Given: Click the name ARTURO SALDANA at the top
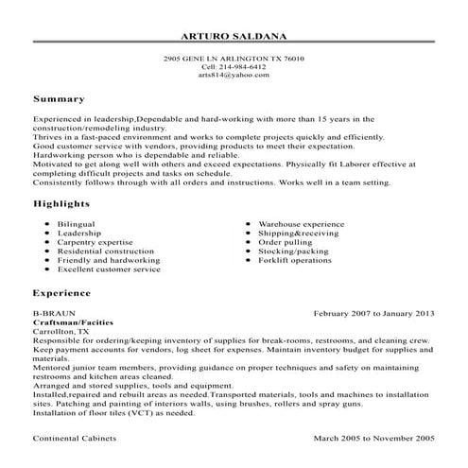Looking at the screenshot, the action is tap(234, 37).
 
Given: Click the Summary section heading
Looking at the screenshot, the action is tap(59, 98).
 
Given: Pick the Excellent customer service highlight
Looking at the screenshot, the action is tap(109, 269).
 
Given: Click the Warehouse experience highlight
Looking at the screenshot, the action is tap(302, 224).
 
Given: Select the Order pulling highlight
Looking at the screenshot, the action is tap(285, 241).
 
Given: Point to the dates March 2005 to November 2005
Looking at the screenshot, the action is tap(374, 439).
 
